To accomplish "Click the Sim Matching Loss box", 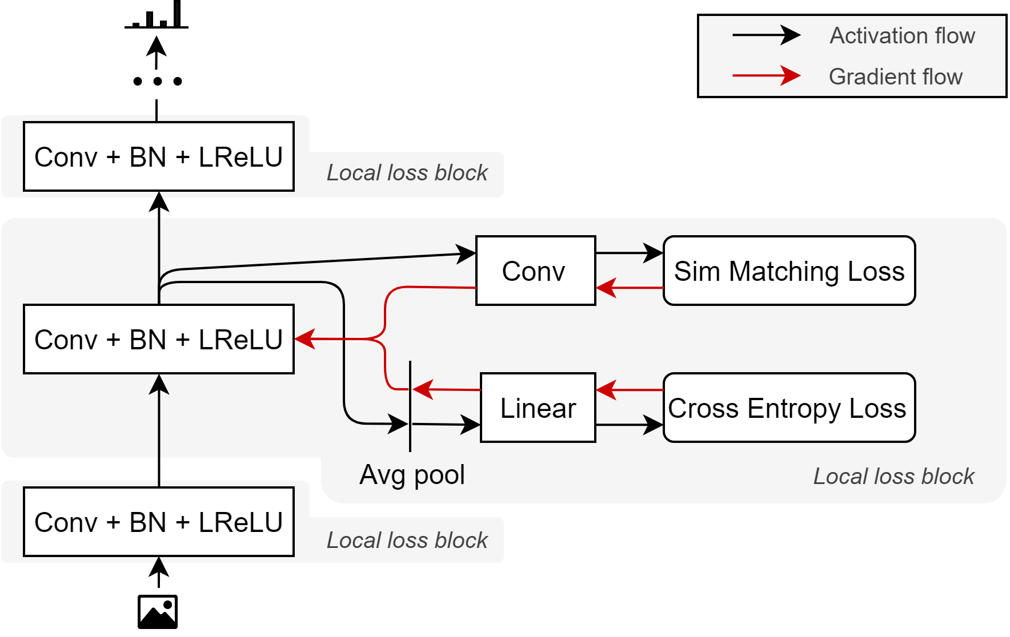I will pos(789,271).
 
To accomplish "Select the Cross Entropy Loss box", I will pos(789,408).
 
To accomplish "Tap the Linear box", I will pos(538,408).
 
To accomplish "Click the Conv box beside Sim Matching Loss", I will pos(535,271).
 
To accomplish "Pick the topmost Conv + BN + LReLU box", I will pos(159,156).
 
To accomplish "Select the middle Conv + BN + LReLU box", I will pos(159,339).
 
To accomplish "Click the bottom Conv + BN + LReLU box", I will pos(159,522).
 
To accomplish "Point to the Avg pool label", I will pos(412,474).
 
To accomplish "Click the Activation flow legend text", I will pos(902,35).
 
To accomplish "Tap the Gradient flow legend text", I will pos(895,76).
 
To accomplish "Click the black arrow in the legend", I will pos(766,35).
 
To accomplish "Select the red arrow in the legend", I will pos(766,75).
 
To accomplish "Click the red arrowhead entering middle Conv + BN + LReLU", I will pos(305,339).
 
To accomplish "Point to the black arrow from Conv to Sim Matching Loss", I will pos(629,253).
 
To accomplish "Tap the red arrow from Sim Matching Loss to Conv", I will pos(629,288).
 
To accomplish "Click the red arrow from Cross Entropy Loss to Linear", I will pos(629,390).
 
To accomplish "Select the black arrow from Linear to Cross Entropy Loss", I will pos(629,425).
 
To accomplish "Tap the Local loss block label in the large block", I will pos(893,476).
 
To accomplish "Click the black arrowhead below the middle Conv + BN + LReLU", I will pos(159,385).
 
